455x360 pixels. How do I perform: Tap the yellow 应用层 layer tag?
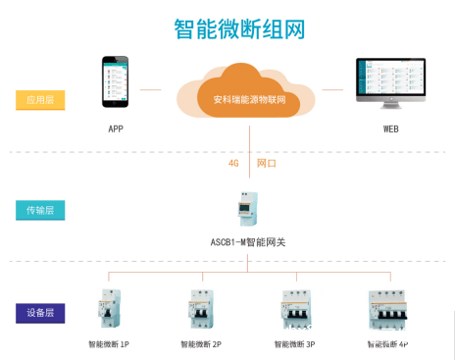click(40, 99)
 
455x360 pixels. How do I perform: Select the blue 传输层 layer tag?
click(40, 210)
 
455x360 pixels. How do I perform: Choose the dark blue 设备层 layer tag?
click(40, 314)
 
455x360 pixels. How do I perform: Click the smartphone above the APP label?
click(116, 81)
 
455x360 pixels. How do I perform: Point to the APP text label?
click(116, 129)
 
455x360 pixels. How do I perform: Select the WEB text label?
click(390, 129)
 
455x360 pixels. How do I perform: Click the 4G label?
click(233, 164)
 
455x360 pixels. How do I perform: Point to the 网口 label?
click(267, 164)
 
